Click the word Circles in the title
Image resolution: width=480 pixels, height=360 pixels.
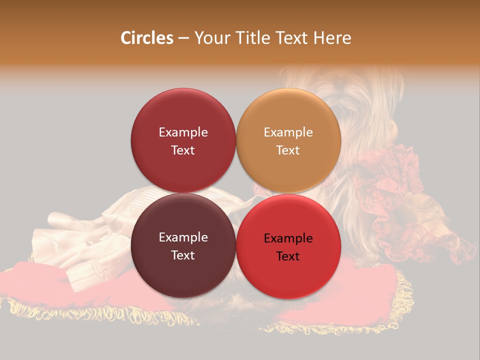[x=146, y=38]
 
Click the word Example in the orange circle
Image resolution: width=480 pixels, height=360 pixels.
[x=288, y=132]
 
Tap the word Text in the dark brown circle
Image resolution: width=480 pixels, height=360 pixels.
[x=183, y=255]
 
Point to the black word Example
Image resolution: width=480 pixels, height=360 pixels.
[x=288, y=238]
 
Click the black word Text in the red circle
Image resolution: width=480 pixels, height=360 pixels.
[x=288, y=256]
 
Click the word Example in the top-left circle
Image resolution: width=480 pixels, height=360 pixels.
[x=183, y=132]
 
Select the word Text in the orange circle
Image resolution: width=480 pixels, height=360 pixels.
[x=288, y=150]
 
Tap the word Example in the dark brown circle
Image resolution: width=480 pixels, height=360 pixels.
[x=183, y=237]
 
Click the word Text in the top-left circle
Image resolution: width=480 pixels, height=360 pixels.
[x=183, y=150]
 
